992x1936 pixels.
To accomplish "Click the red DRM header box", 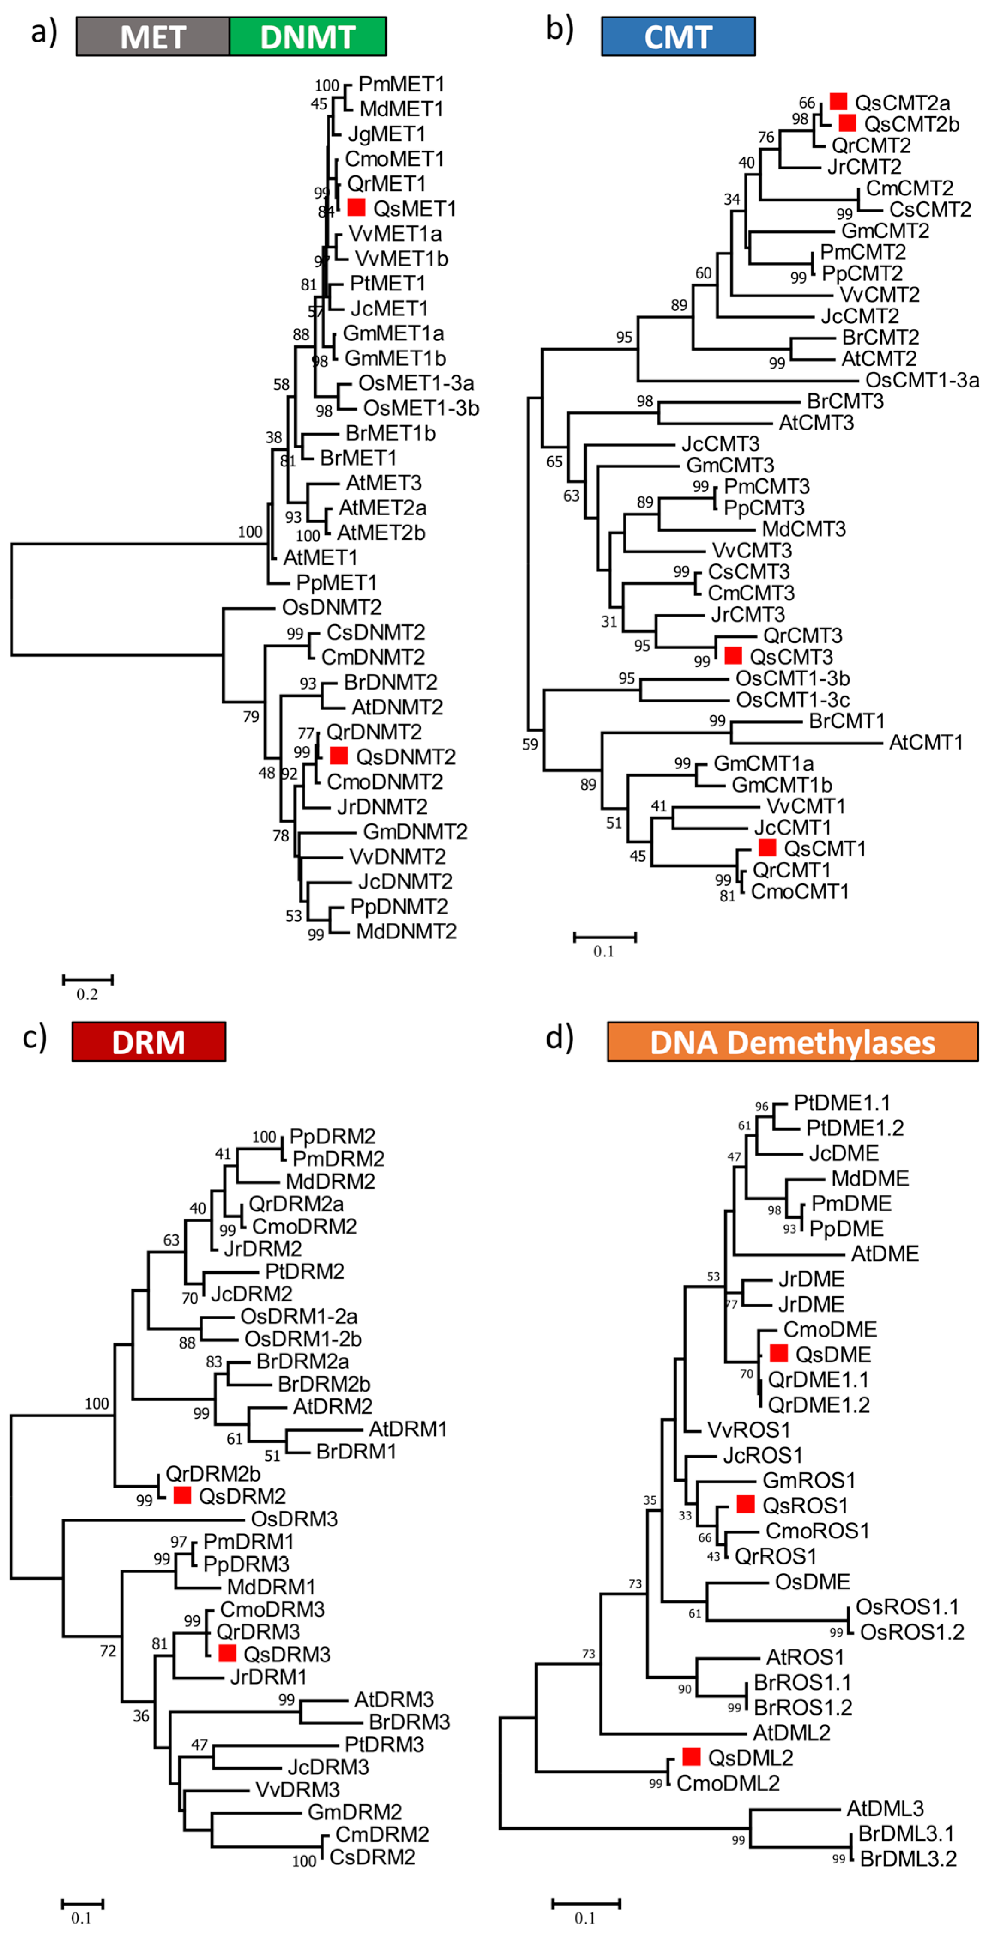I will point(149,1042).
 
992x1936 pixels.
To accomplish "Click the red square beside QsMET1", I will point(356,207).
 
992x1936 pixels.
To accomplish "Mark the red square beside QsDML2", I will point(691,1756).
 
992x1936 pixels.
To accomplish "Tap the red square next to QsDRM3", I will point(227,1653).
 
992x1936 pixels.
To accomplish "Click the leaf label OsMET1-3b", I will point(421,408).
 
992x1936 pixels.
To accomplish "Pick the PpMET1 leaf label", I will point(336,582).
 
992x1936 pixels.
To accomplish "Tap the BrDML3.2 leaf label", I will point(908,1859).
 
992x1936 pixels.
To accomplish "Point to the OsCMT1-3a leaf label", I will point(922,380).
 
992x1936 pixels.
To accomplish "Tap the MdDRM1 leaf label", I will point(271,1587).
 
